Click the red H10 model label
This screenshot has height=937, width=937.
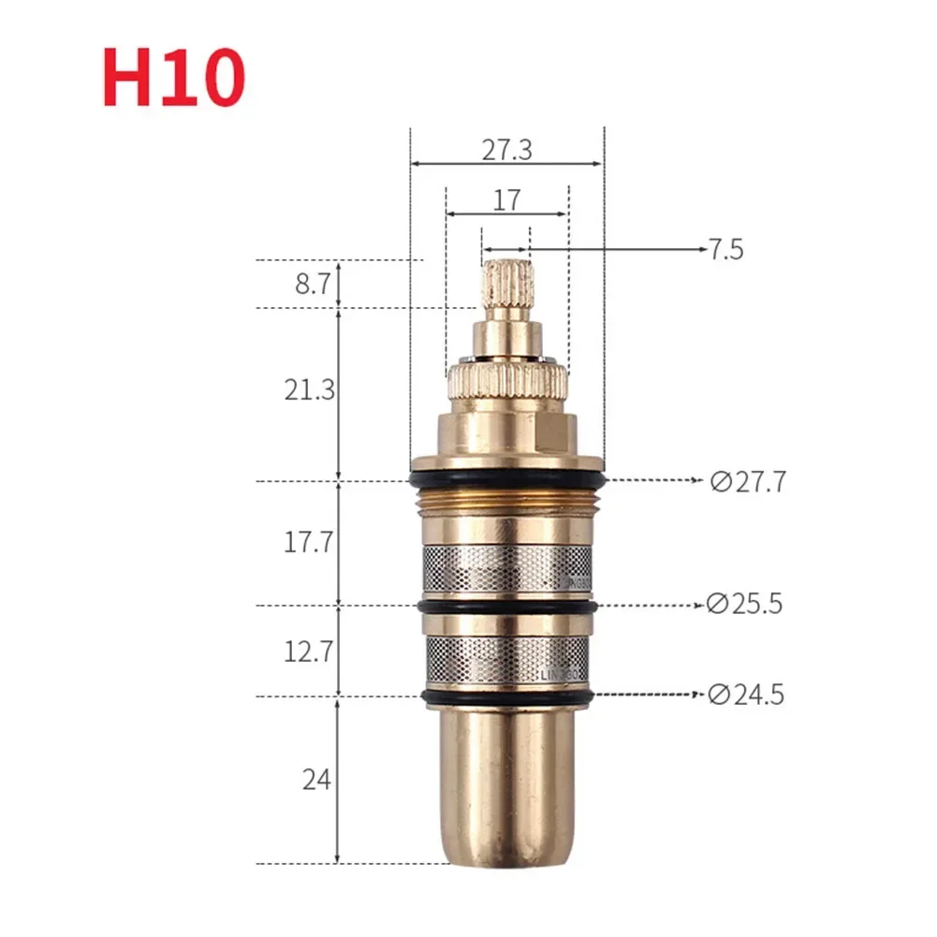pos(174,81)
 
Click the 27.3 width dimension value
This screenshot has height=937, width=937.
pos(506,150)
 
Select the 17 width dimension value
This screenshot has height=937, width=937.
pos(506,199)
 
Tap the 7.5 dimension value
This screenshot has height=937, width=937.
pos(725,250)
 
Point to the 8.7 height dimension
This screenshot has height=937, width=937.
pos(313,285)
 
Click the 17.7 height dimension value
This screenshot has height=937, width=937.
pos(310,542)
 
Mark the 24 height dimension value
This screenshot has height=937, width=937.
pos(316,779)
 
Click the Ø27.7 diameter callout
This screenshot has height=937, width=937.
pos(748,482)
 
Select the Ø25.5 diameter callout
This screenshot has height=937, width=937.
pos(746,605)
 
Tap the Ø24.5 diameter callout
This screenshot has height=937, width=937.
pos(746,695)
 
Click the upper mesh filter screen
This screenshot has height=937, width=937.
pos(506,569)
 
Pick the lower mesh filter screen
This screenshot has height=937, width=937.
pos(506,659)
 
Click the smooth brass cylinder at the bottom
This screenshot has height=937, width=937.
pos(506,786)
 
